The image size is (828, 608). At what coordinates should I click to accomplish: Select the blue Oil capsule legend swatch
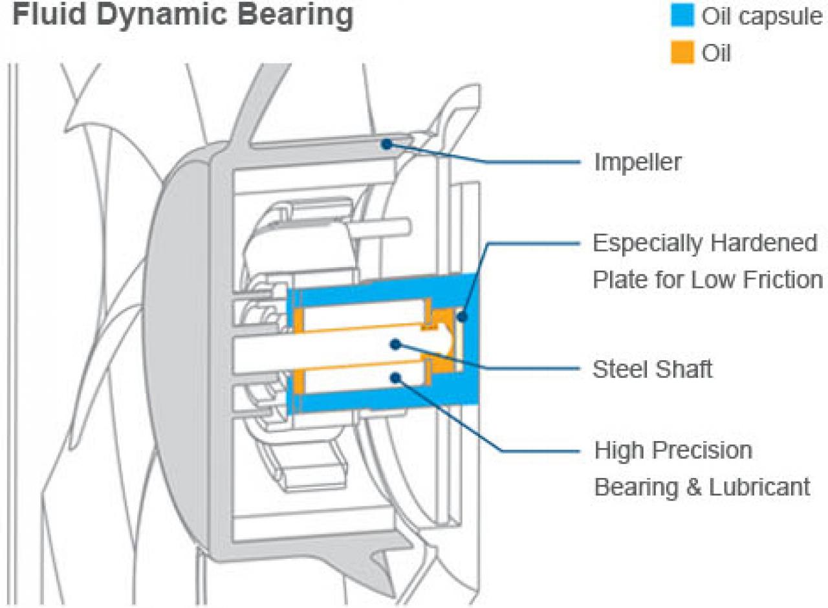click(682, 15)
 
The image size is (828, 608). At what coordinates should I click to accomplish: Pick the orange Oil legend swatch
click(682, 52)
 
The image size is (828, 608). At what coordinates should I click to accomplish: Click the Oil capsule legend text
click(762, 17)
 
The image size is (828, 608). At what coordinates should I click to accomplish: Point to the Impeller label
click(638, 162)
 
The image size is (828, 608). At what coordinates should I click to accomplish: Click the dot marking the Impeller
click(387, 144)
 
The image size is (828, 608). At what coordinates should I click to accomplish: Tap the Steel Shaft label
click(653, 369)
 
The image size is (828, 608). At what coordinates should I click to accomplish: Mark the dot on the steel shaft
click(396, 345)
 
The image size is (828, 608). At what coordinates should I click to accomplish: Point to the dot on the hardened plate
click(462, 316)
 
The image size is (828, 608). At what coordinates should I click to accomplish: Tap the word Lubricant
click(759, 487)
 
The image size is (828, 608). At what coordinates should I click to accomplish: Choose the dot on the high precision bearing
click(396, 377)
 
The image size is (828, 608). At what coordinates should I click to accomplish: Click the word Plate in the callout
click(621, 279)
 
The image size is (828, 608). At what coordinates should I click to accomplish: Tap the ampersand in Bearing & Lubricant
click(694, 487)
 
